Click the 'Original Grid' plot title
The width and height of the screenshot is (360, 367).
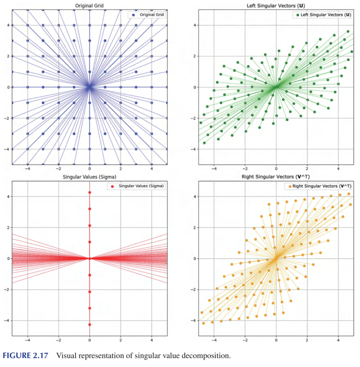[x=89, y=5]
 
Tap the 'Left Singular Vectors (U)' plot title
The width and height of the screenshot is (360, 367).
[x=276, y=5]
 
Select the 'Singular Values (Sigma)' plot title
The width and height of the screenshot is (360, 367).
[x=89, y=177]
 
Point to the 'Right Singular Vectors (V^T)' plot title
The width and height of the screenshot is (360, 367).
[x=276, y=177]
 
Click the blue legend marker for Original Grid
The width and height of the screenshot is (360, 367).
[x=134, y=15]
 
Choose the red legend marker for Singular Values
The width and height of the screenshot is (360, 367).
[x=112, y=186]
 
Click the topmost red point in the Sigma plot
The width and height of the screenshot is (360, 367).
[x=89, y=192]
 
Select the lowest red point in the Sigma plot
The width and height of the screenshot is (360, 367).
[x=89, y=324]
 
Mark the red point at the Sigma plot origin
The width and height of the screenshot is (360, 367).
[x=89, y=258]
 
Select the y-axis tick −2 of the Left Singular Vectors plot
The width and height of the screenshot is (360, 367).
[x=193, y=118]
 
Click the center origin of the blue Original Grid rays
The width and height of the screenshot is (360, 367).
[x=89, y=87]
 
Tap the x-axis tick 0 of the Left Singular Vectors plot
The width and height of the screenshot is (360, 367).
[x=276, y=169]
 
